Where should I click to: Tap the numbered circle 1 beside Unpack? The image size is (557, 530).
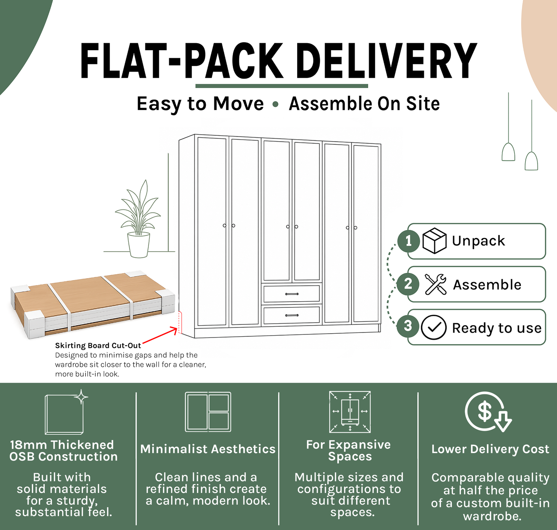coord(408,241)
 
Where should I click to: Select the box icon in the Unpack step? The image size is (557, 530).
coord(434,240)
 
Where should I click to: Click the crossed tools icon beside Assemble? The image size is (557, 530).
coord(436,284)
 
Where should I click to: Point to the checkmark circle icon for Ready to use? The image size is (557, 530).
coord(434,327)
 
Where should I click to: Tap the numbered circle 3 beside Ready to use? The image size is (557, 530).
coord(408,326)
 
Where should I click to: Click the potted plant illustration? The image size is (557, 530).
coord(138,219)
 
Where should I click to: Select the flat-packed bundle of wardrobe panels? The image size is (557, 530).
coord(93,304)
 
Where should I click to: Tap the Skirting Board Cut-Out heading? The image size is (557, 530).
coord(98,345)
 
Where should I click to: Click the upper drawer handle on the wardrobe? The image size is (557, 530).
coord(291,294)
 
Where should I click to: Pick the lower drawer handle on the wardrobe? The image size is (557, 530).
coord(291,315)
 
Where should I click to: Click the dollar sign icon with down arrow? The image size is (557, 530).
coord(488,412)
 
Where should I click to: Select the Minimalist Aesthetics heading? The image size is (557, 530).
coord(208,449)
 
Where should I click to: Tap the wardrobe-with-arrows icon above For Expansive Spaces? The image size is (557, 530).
coord(350,412)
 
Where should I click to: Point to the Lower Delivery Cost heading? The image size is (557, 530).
coord(490,449)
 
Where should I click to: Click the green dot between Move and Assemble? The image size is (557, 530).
coord(275,104)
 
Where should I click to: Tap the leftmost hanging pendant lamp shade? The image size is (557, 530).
coord(508,152)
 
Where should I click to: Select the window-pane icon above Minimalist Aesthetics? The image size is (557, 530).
coord(208,412)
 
